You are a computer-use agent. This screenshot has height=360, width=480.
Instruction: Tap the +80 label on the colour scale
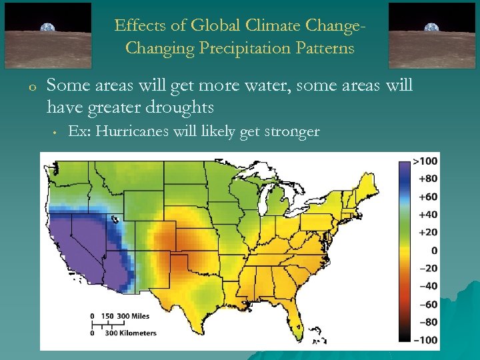pos(427,179)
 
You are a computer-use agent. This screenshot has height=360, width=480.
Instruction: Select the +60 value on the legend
pos(427,197)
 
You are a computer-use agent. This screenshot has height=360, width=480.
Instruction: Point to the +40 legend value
pos(427,215)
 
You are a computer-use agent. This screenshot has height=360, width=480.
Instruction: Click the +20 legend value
pos(427,232)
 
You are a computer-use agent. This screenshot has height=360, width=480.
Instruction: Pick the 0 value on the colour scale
pos(434,250)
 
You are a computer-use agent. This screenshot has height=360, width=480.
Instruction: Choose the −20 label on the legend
pos(427,268)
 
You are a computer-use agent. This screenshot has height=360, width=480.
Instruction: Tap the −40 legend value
pos(427,286)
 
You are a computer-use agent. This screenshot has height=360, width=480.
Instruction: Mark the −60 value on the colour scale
pos(427,305)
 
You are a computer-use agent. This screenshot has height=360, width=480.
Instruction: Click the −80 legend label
pos(427,323)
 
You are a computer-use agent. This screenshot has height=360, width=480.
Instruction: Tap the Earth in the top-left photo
pos(48,28)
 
